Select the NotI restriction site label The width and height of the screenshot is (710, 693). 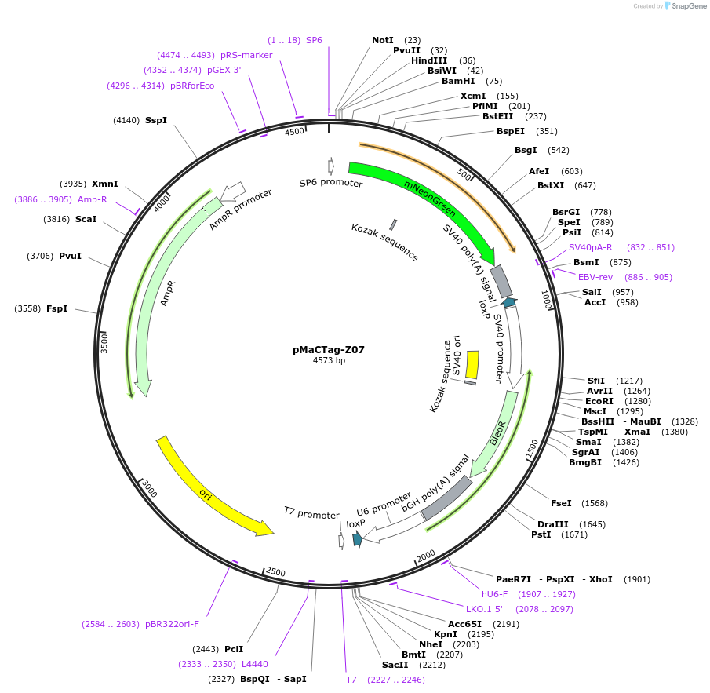[383, 40]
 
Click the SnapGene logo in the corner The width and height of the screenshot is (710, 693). [685, 6]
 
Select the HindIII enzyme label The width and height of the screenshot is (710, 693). [429, 60]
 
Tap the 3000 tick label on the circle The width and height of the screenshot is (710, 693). [150, 489]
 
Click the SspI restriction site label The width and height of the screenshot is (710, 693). [156, 120]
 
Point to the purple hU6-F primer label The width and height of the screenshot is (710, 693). [494, 594]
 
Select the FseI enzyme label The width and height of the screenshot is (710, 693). [561, 503]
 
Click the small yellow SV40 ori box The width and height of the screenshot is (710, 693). [472, 364]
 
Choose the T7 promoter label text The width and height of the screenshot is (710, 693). [311, 515]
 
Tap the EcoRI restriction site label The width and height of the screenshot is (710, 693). [600, 401]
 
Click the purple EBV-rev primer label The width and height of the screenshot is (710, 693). [595, 277]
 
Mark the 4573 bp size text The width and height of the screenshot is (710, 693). [329, 361]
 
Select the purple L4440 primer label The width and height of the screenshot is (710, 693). [255, 664]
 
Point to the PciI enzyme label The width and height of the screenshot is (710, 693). [234, 649]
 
